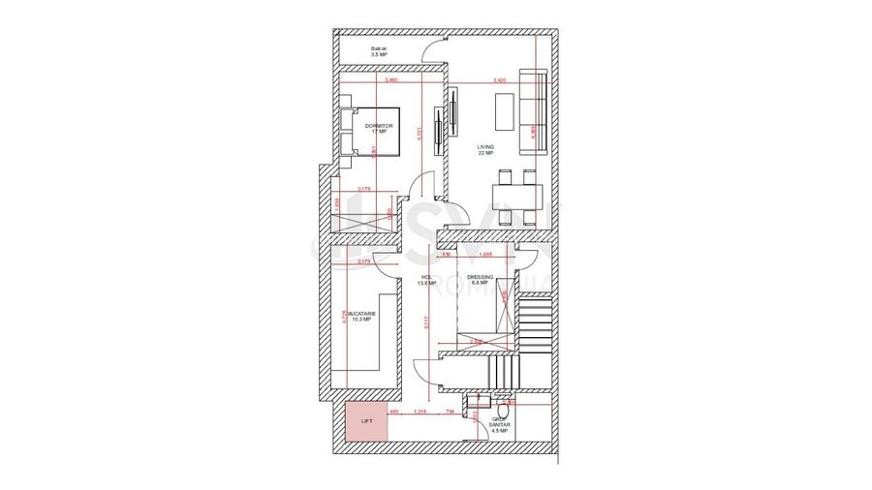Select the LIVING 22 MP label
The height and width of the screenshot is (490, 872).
[x=484, y=149]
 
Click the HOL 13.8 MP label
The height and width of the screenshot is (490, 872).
[x=425, y=280]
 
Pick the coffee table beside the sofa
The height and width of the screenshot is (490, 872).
[x=507, y=114]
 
